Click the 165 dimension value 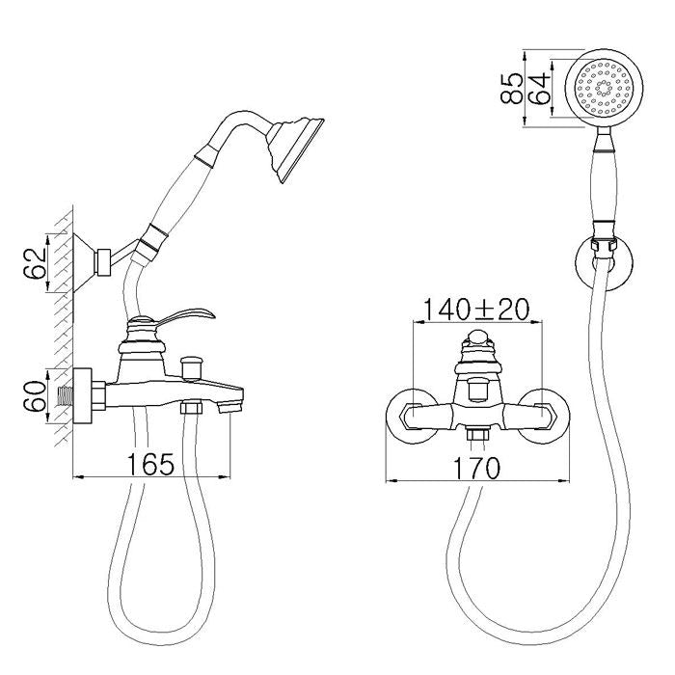[150, 464]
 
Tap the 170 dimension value [476, 468]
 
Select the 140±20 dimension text [476, 310]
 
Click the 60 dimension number [36, 396]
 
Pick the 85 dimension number [511, 89]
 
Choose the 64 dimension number [538, 89]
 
